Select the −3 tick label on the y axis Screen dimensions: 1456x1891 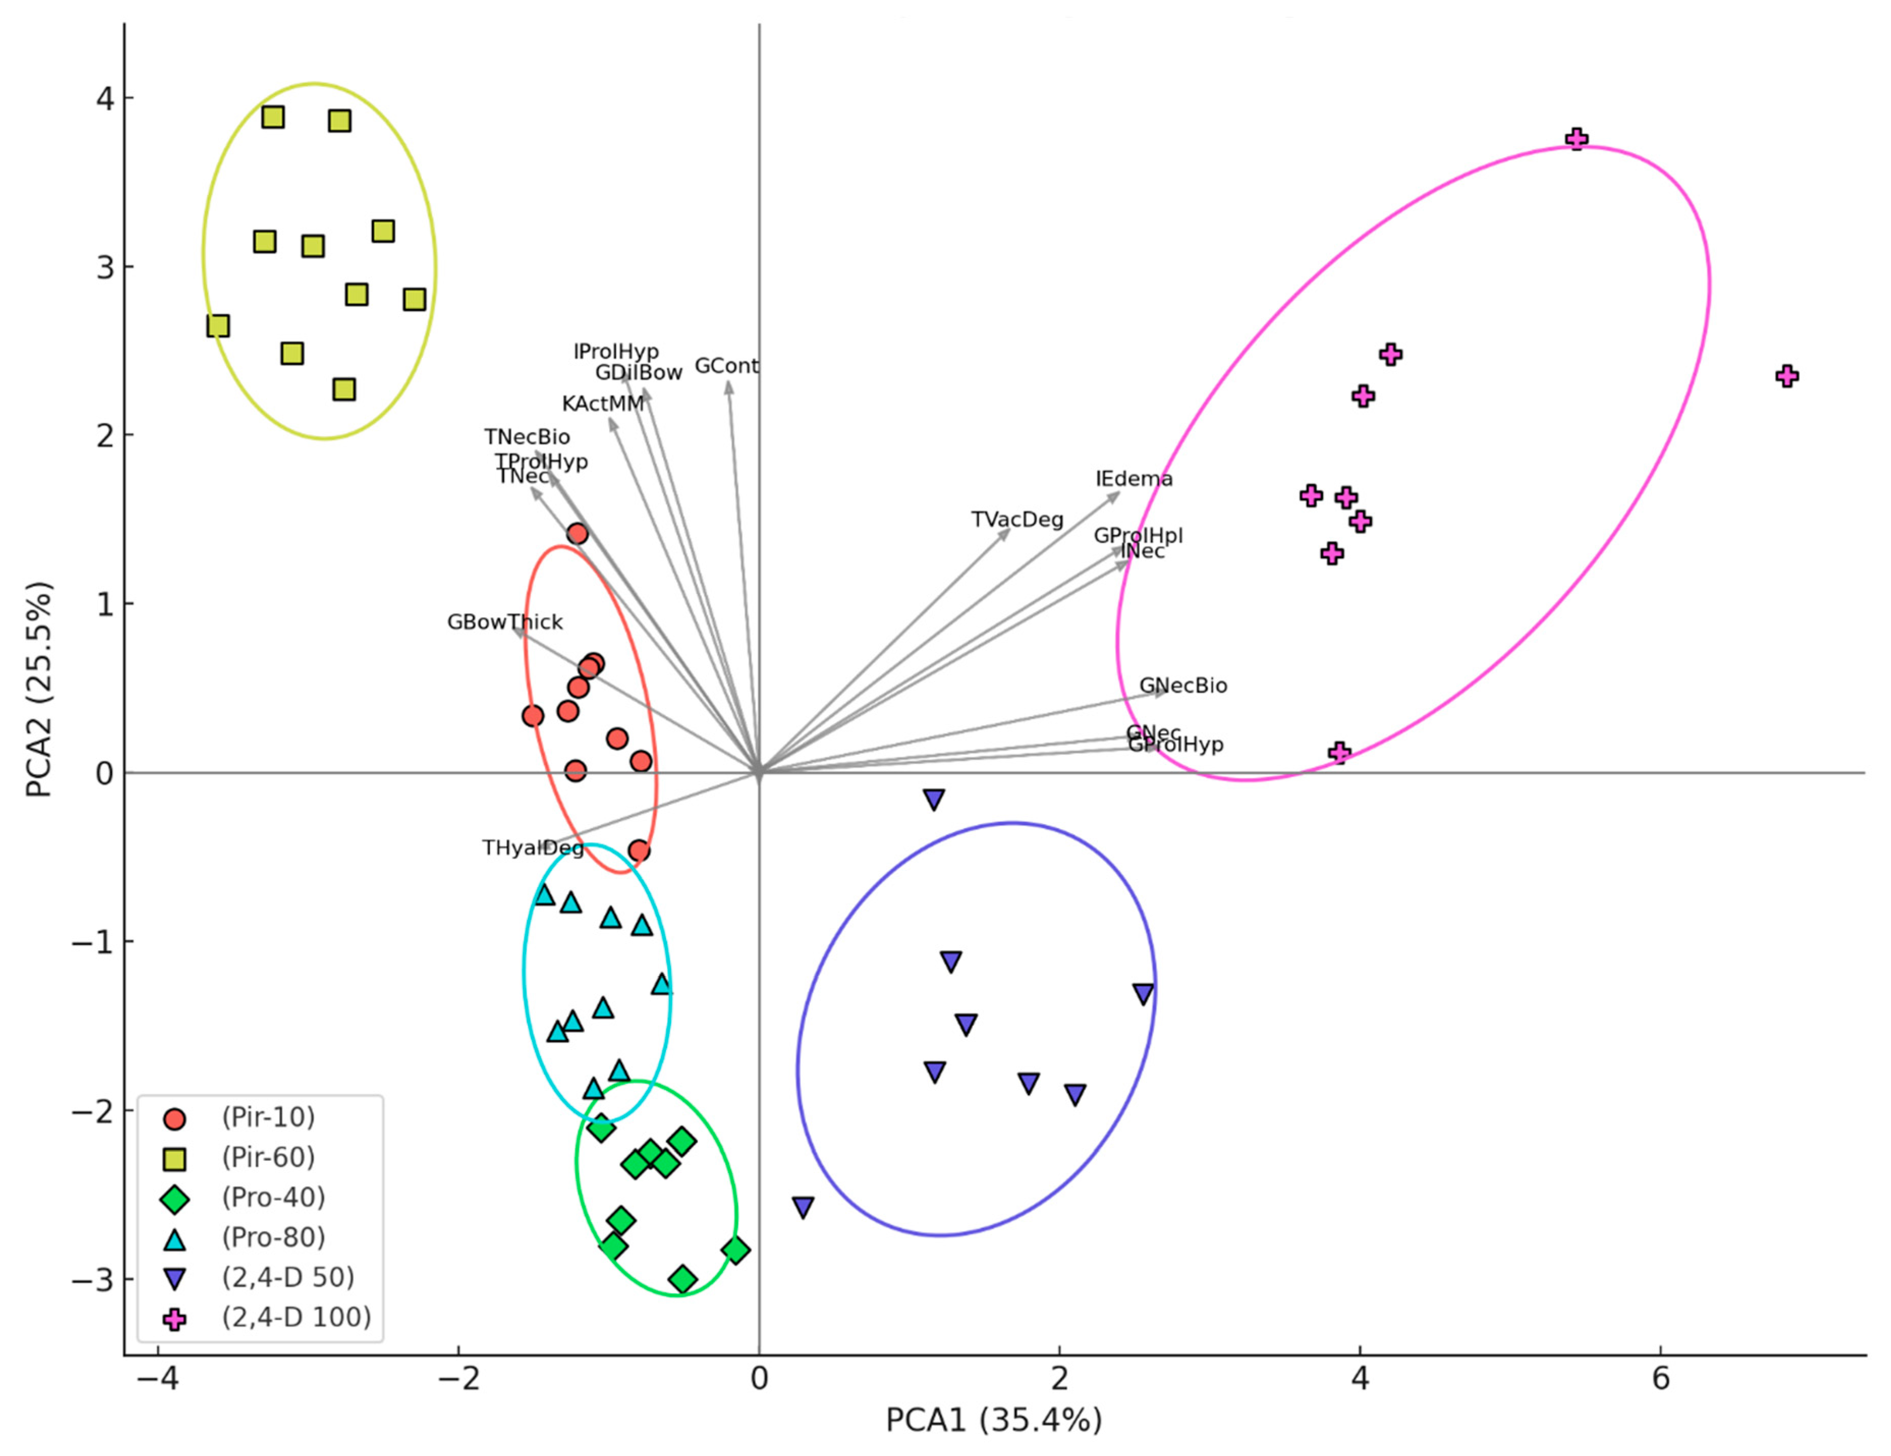[x=93, y=1279]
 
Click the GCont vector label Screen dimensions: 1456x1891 [x=727, y=366]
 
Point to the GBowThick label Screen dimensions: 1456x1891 [x=505, y=622]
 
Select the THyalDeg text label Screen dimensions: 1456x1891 [x=533, y=848]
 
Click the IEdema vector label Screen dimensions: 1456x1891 [x=1133, y=479]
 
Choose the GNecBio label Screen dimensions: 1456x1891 [x=1183, y=686]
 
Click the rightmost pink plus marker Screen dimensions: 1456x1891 [x=1787, y=376]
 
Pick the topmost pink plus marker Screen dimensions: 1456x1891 [x=1577, y=139]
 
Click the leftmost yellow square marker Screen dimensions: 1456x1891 [x=218, y=325]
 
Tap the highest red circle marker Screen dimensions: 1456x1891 [x=577, y=534]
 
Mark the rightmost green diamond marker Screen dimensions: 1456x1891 [x=736, y=1250]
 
